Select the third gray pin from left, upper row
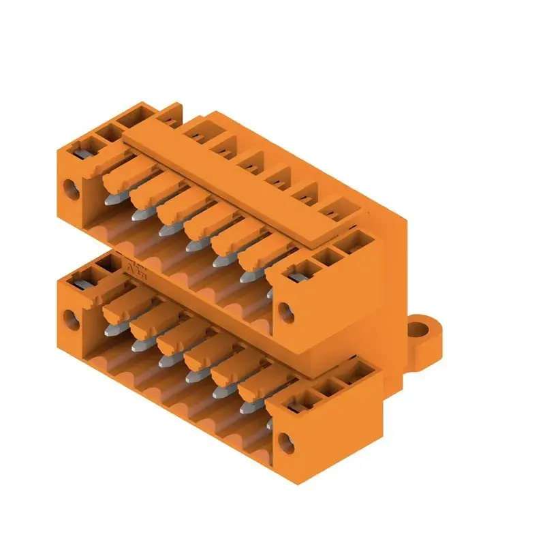[164, 230]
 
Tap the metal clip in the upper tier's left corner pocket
[85, 146]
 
